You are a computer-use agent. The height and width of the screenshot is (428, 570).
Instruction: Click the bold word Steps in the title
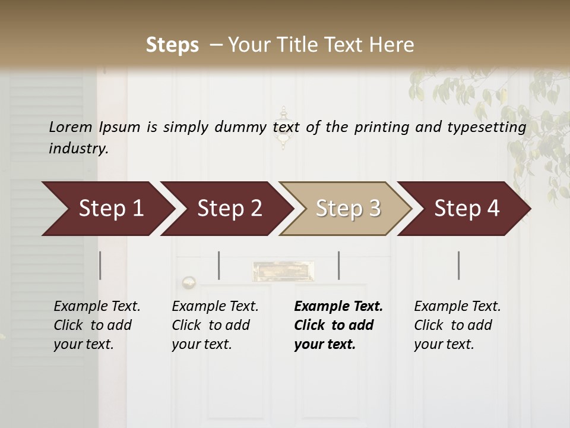172,45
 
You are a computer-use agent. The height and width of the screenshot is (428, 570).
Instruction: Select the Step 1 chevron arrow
107,209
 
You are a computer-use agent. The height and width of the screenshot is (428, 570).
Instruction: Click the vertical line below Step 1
100,265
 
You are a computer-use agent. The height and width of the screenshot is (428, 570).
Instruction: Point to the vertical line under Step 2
219,265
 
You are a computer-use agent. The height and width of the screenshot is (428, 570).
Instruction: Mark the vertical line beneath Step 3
339,265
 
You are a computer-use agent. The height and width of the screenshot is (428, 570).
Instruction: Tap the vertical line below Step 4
459,265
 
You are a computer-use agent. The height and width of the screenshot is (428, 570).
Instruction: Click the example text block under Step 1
97,325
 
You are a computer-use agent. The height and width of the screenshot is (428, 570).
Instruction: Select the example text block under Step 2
215,325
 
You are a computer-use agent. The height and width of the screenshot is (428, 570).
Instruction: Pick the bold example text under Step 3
338,325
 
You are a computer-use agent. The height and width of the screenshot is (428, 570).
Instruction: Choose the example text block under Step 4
457,325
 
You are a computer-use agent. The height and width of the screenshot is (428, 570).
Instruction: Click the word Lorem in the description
71,127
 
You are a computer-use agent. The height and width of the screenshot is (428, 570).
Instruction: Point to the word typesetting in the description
486,127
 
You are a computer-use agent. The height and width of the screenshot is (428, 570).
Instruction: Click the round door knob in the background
189,282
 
